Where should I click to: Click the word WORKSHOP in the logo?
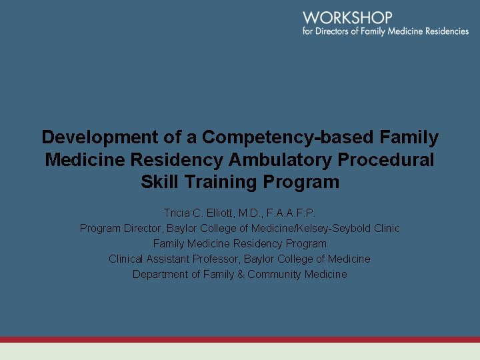(347, 18)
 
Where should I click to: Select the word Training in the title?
(225, 182)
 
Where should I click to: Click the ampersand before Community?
(241, 274)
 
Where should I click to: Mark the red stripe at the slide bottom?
(240, 339)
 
